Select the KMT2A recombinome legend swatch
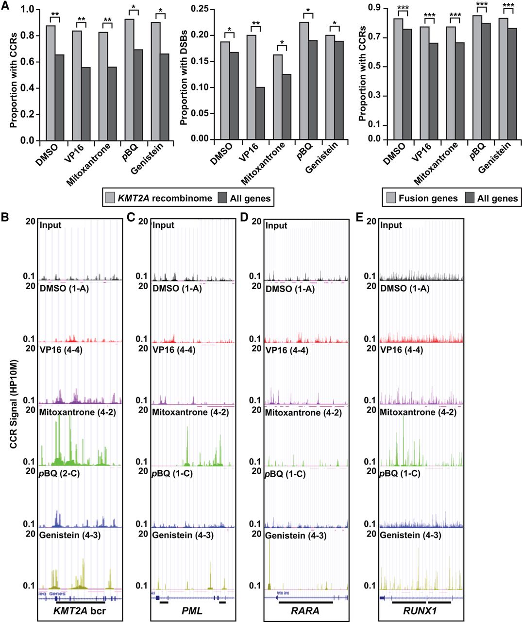pos(110,198)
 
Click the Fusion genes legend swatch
pos(390,198)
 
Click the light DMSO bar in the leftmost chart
pos(51,83)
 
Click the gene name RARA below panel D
pos(305,611)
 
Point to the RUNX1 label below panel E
pos(421,611)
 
